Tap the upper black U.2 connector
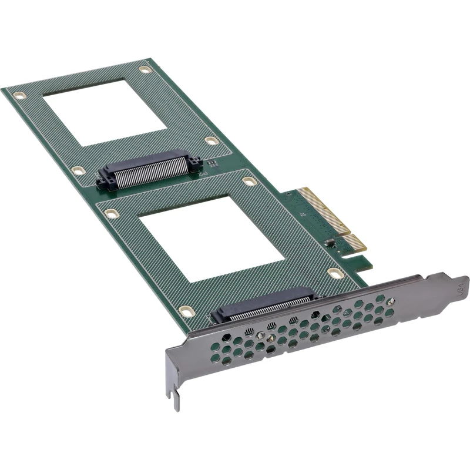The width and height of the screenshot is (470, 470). coord(150,170)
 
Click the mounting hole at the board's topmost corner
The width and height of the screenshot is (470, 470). coord(145,70)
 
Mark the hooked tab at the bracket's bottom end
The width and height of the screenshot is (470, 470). coord(175,399)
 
